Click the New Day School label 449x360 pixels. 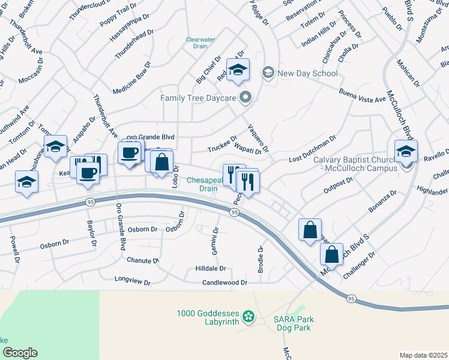(308, 73)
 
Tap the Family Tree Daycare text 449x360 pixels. (198, 97)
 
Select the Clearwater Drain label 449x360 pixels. (200, 43)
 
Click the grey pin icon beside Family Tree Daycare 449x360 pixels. (245, 97)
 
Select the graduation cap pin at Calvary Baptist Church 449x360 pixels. (406, 151)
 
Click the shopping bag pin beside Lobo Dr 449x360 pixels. (161, 162)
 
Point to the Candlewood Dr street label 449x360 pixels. (225, 282)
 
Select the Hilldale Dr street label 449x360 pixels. (210, 269)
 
